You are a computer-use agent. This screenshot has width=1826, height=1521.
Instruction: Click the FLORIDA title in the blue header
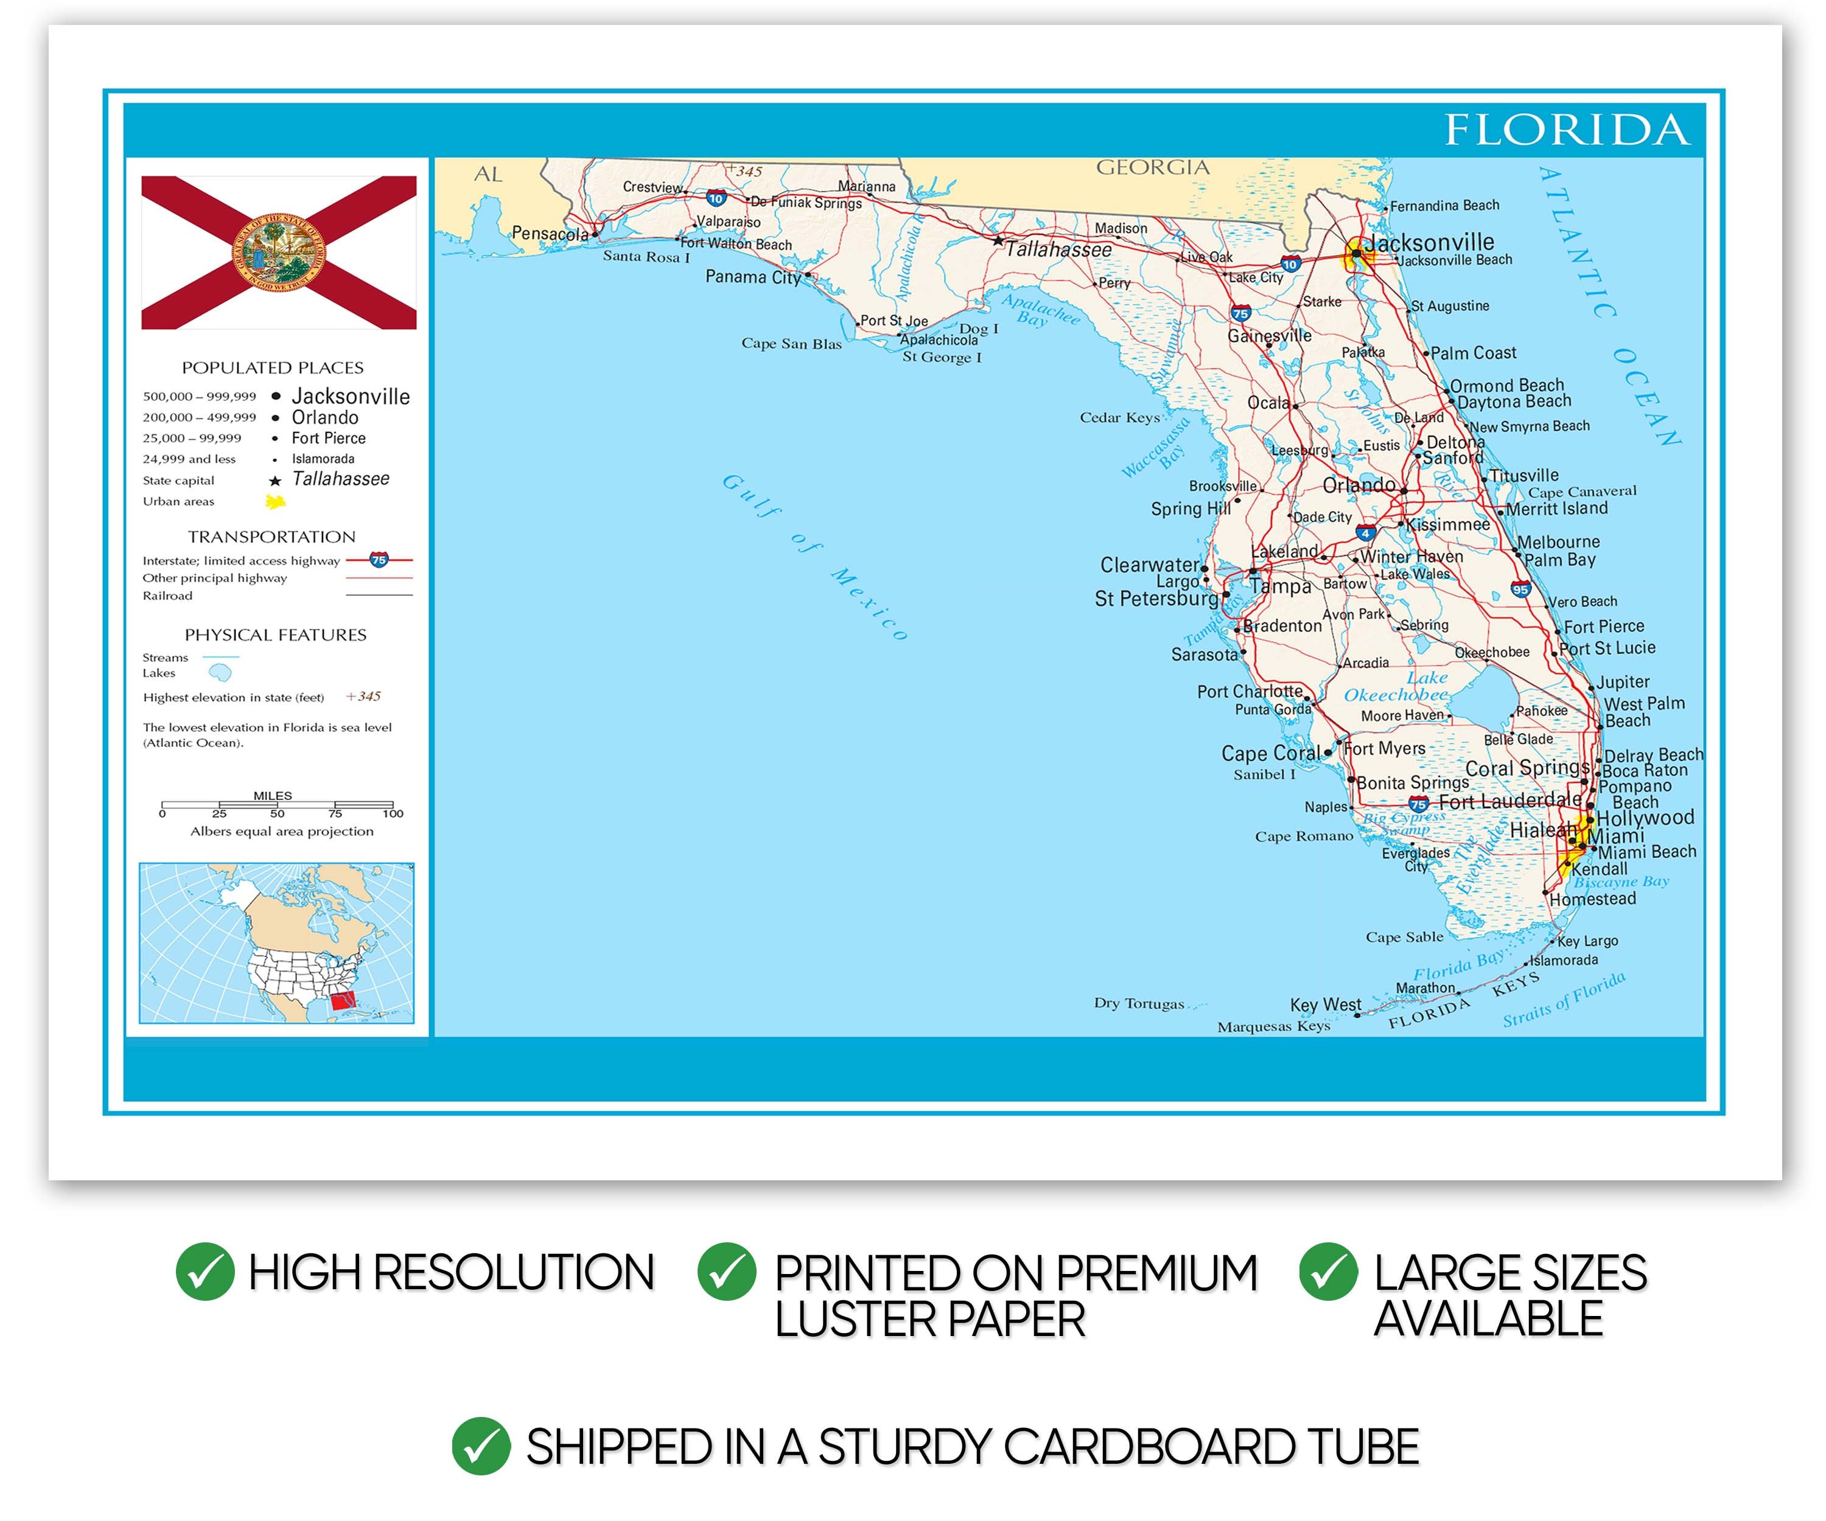(1567, 130)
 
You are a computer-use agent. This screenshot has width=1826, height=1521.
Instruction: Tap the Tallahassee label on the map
(1058, 249)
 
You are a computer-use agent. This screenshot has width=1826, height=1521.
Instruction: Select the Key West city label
(1325, 1004)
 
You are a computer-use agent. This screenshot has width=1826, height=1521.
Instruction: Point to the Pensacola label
(550, 233)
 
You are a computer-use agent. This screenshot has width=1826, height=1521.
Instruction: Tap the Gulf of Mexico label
(816, 556)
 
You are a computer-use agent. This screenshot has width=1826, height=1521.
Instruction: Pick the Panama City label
(752, 276)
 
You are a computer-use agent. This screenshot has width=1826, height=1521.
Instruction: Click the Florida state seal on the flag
(278, 252)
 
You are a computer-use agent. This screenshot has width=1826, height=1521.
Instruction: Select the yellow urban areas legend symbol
(276, 501)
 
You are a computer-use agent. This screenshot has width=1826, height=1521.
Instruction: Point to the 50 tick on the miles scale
(276, 813)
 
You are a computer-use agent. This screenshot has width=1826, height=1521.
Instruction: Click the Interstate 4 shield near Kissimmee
(1366, 533)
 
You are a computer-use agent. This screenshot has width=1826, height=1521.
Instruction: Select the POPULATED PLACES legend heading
(272, 367)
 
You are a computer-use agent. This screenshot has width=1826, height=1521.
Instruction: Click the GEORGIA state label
(1152, 168)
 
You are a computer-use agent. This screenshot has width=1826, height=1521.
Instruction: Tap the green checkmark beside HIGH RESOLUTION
(205, 1272)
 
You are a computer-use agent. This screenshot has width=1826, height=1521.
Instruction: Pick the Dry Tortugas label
(1138, 1003)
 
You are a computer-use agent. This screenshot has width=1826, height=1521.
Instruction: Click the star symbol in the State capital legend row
(275, 481)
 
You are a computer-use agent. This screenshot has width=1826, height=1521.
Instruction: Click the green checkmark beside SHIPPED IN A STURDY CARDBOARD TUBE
(480, 1446)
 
